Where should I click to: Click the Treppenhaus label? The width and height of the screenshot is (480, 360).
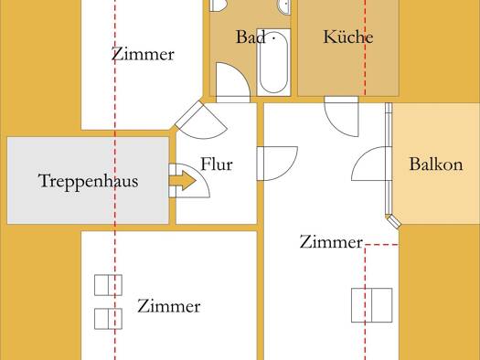tap(88, 181)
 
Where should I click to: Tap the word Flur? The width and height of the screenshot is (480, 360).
tap(217, 164)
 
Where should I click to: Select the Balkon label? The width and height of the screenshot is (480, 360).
tap(436, 164)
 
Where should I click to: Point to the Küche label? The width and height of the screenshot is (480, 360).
tap(348, 37)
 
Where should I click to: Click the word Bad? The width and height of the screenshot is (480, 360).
tap(251, 37)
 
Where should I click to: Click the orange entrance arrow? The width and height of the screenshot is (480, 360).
tap(183, 181)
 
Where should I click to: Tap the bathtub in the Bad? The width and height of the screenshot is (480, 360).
tap(273, 62)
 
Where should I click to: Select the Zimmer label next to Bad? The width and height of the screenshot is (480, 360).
tap(143, 54)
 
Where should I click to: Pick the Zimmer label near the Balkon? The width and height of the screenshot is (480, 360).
tap(331, 241)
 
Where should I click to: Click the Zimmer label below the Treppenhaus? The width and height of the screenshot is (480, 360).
tap(169, 306)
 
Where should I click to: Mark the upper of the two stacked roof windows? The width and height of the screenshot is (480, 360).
tap(108, 285)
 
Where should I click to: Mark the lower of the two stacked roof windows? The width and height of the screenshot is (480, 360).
tap(108, 319)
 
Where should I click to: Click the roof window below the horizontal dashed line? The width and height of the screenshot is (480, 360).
tap(371, 305)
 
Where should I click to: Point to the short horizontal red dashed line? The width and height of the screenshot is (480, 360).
tap(381, 245)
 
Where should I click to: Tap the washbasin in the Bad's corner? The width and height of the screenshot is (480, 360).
tap(284, 6)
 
